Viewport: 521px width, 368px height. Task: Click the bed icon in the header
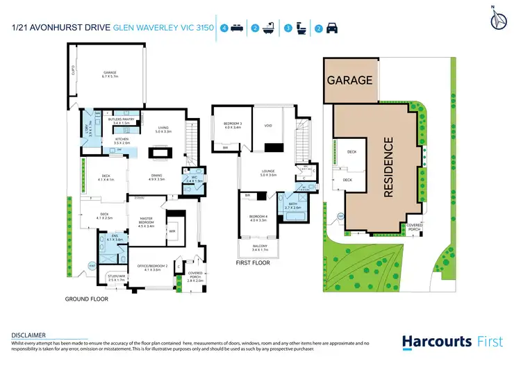click(238, 28)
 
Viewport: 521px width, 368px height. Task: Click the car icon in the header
click(333, 28)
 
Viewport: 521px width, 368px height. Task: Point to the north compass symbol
click(499, 20)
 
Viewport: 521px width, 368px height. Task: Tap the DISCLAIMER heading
click(28, 335)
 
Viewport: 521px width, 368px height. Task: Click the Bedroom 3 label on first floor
click(232, 126)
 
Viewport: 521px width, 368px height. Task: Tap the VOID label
click(269, 126)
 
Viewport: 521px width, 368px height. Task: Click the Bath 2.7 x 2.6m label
click(292, 206)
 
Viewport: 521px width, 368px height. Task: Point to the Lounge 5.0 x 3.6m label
click(269, 172)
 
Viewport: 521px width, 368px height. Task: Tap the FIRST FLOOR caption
click(253, 263)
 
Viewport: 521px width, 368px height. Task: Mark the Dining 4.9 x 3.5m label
click(156, 178)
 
